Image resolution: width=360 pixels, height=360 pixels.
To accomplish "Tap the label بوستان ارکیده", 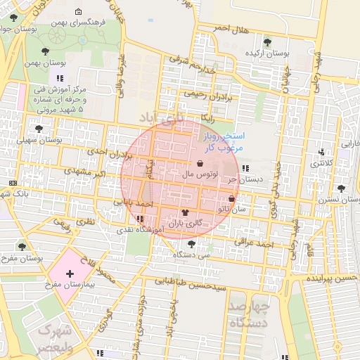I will point(268,53).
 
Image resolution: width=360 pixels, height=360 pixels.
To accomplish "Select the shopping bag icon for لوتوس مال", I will point(202,162).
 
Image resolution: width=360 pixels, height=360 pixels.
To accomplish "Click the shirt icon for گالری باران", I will point(186,212).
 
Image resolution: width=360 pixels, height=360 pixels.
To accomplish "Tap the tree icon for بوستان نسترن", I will point(341,188).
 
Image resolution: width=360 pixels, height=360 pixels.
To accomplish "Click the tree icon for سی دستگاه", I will point(191,244).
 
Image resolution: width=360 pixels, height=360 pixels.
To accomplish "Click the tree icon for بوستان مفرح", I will point(23,247).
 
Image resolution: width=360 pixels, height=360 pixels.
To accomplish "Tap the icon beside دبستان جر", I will point(245,168).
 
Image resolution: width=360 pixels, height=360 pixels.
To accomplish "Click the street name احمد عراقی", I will point(255,243).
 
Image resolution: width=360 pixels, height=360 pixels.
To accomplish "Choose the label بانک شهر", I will point(32,193).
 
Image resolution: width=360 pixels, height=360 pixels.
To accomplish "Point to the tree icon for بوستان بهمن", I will point(46,51).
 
